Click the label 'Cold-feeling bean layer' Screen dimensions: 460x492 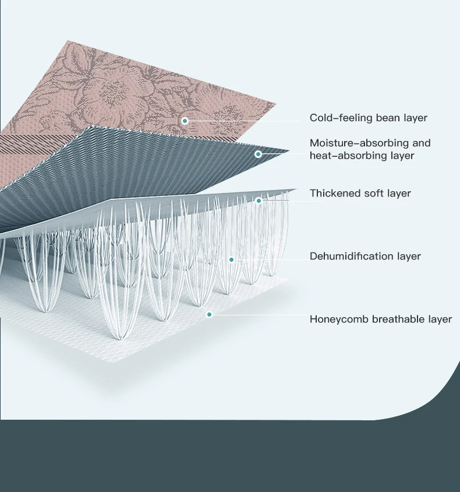click(x=368, y=118)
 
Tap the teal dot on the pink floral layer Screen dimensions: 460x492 click(x=185, y=121)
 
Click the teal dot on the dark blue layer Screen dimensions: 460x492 click(x=258, y=154)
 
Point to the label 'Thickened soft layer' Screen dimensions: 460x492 click(x=360, y=193)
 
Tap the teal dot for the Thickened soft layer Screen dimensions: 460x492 click(x=259, y=201)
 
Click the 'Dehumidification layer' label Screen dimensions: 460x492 click(x=365, y=256)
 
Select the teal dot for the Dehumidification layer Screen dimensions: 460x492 click(x=231, y=259)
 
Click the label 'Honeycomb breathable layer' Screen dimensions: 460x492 click(x=380, y=319)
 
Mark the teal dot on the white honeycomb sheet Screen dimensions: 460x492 click(x=210, y=314)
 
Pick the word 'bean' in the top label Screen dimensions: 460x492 click(x=388, y=118)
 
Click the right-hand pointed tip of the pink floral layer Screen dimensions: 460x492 click(x=276, y=104)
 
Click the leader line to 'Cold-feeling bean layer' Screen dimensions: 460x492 click(x=245, y=121)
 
